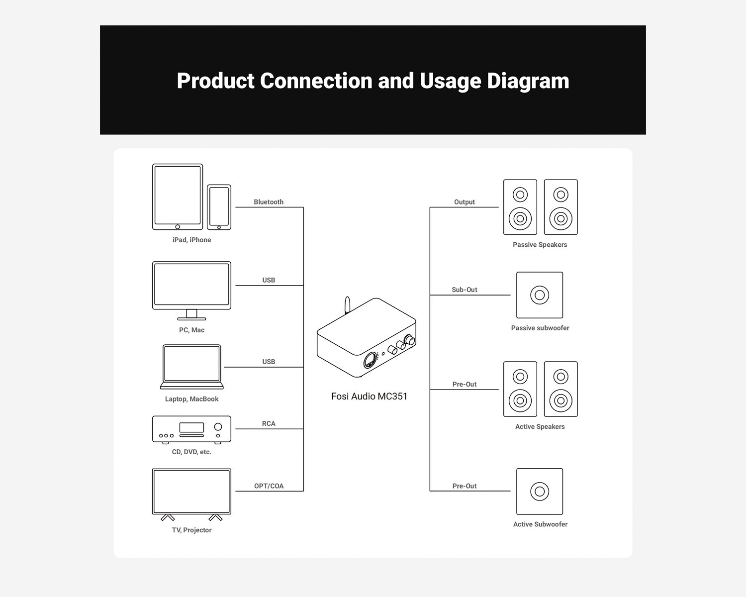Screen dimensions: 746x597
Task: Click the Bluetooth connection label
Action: (268, 202)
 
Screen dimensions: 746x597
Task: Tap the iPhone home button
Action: (219, 227)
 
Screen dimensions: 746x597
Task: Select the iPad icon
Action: (178, 197)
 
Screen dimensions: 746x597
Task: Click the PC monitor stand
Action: (191, 315)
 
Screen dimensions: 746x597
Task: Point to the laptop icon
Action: (191, 367)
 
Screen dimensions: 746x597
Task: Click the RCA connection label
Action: (269, 423)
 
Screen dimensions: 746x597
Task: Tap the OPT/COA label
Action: (269, 486)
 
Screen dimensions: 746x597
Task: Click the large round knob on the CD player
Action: (218, 427)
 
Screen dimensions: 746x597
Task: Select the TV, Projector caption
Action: (191, 530)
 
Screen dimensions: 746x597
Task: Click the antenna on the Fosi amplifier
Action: (347, 305)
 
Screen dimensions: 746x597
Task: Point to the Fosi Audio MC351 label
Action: (369, 396)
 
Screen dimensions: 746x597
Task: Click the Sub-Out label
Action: (464, 290)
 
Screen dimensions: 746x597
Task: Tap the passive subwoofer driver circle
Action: (540, 295)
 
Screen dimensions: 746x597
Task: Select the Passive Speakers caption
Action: (540, 245)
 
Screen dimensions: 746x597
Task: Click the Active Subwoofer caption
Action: (540, 524)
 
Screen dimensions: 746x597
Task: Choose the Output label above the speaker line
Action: (465, 202)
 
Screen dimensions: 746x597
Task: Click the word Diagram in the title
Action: (528, 81)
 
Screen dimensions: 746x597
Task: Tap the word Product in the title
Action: (216, 81)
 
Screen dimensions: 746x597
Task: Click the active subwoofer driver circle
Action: (540, 492)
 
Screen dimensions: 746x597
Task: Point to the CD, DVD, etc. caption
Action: (191, 452)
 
